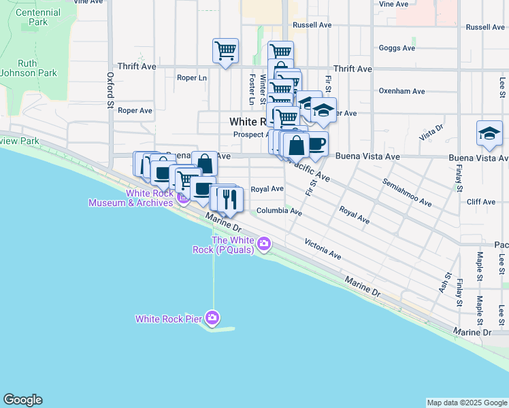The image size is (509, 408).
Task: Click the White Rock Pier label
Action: pos(169,318)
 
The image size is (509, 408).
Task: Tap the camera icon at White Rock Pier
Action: pos(213,318)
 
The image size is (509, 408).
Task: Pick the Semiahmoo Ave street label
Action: pos(407,193)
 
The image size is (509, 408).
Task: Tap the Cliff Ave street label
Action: pos(481,202)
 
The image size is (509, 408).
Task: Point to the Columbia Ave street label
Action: pos(279,211)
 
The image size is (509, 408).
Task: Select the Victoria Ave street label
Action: pos(323,249)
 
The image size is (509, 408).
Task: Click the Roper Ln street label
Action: pos(191,78)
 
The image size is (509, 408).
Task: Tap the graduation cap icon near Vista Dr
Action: pos(489,133)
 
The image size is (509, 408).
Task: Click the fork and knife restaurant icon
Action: pos(231,199)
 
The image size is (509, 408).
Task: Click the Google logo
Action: pos(22,400)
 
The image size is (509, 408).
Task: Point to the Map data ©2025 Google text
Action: pos(466,403)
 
